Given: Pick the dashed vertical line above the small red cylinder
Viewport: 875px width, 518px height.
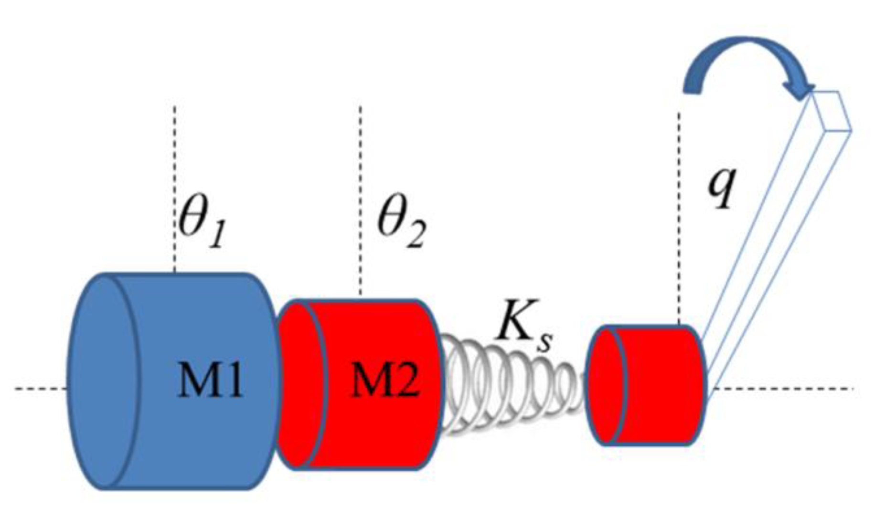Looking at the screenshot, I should [679, 215].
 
